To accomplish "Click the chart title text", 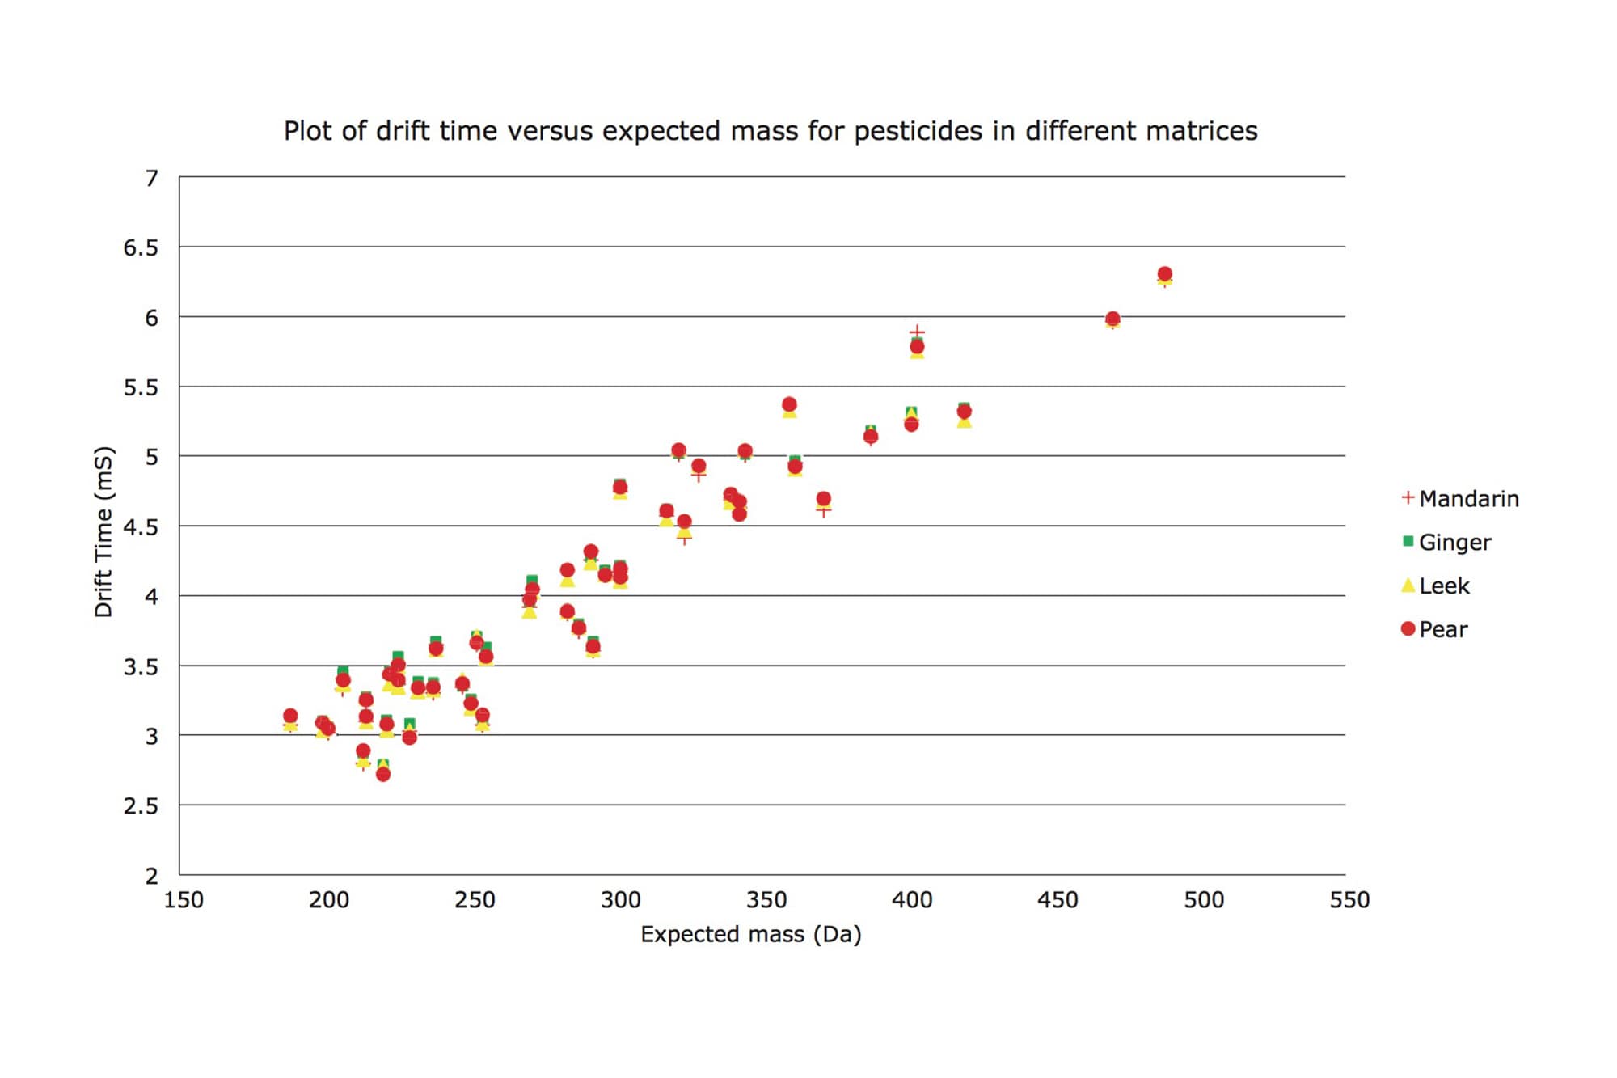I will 770,131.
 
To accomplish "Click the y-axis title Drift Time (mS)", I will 103,532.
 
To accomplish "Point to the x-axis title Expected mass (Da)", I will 750,935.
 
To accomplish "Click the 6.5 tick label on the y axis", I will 140,248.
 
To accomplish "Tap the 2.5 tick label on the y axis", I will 140,806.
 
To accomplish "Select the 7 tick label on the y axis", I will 151,178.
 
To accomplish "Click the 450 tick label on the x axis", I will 1058,900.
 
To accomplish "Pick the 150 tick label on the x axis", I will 184,900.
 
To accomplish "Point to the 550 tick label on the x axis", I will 1349,900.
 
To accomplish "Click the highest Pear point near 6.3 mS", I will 1164,274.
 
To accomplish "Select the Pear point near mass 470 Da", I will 1112,319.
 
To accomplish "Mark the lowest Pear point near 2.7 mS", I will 383,774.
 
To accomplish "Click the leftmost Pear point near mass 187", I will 290,716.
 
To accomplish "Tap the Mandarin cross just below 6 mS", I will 916,332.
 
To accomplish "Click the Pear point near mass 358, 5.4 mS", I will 789,404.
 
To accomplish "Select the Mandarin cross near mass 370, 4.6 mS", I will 823,510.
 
